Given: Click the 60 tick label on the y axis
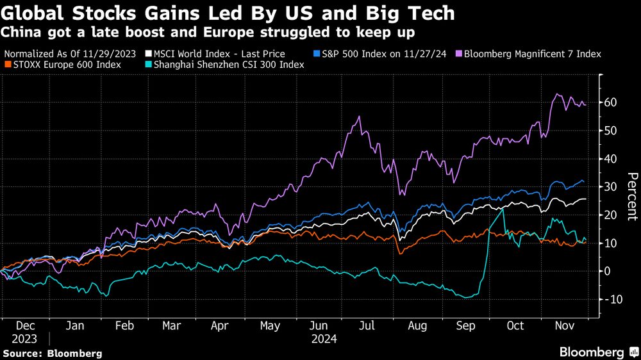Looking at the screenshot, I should pyautogui.click(x=612, y=102).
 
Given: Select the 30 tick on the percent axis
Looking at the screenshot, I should pyautogui.click(x=612, y=187).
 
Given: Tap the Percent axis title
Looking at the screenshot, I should pyautogui.click(x=632, y=196).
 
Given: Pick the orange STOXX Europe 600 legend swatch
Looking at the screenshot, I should pyautogui.click(x=6, y=64).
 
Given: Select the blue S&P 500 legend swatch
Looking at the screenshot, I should pyautogui.click(x=317, y=54).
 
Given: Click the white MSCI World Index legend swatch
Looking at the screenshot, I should pyautogui.click(x=148, y=54).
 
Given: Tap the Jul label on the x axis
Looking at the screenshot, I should pyautogui.click(x=367, y=325).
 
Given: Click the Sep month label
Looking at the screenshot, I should pyautogui.click(x=466, y=325).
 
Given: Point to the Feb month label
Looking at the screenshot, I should pyautogui.click(x=124, y=325).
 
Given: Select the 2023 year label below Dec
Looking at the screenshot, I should pyautogui.click(x=23, y=339).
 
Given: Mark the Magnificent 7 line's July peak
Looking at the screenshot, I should pyautogui.click(x=359, y=117).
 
